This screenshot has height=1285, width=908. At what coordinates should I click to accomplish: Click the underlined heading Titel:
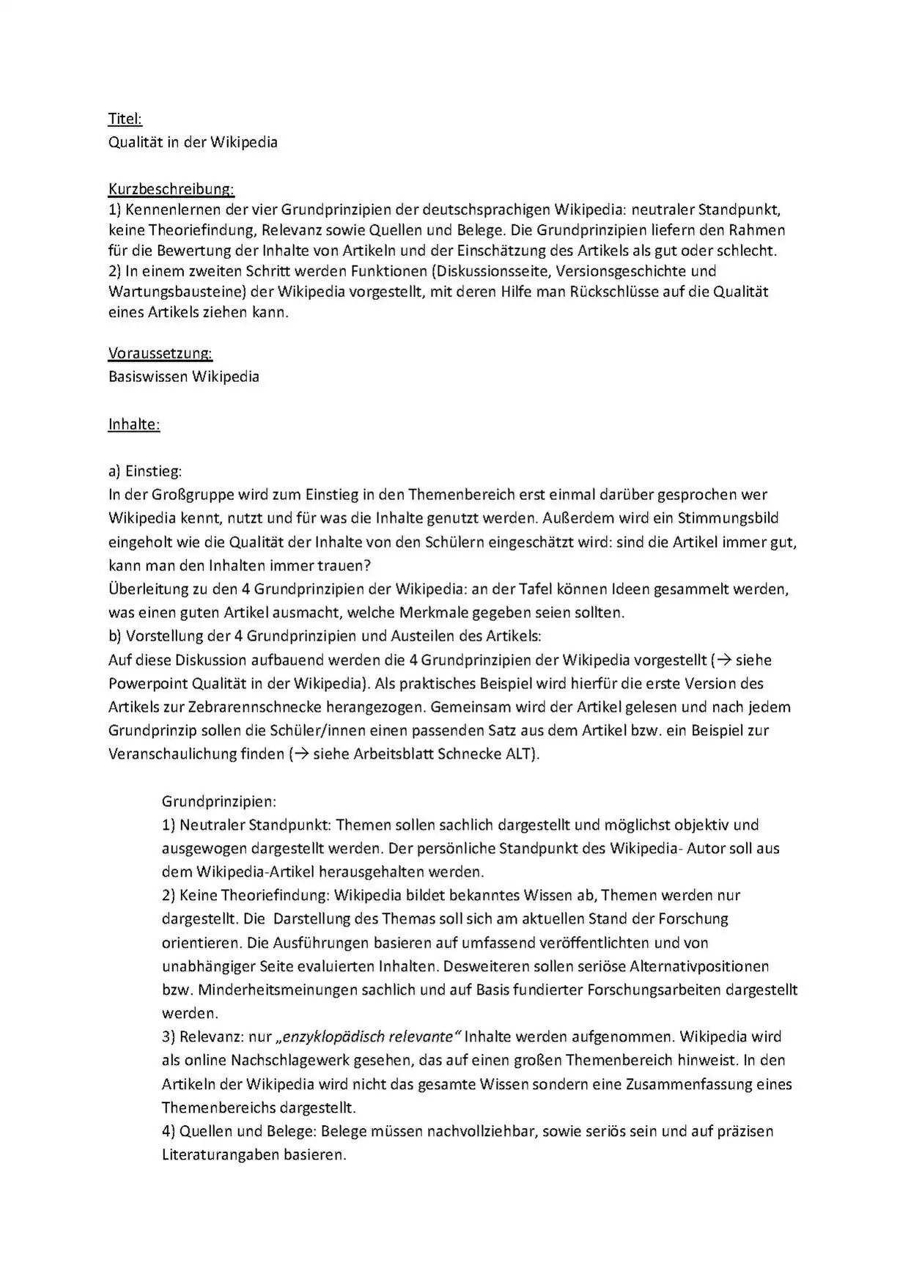125,119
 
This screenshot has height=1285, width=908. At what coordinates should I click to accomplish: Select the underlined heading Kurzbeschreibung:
171,189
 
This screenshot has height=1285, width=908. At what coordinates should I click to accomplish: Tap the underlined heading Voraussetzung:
160,353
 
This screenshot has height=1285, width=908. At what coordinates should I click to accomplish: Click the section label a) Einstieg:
145,471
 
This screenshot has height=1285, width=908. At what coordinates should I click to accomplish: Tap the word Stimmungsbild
728,518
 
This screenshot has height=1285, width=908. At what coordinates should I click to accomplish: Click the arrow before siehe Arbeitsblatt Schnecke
298,754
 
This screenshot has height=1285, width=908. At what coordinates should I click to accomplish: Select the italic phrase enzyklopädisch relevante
367,1037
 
